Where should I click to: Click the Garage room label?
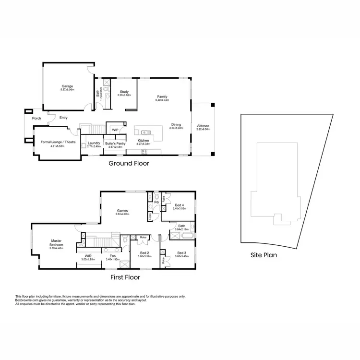click(67, 87)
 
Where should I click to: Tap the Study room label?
click(124, 92)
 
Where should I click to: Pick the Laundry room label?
click(94, 143)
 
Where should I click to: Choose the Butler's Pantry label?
click(115, 143)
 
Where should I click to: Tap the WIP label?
click(115, 130)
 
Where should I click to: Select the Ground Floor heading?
click(129, 163)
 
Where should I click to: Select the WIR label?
click(88, 256)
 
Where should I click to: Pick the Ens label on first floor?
click(112, 256)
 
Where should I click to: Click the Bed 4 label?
click(180, 205)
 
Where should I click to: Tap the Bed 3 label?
click(181, 253)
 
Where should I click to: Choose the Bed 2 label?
click(144, 253)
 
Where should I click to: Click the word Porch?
click(36, 118)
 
